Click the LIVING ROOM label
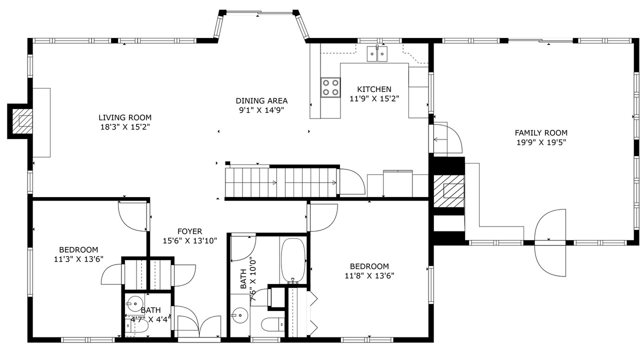[125, 117]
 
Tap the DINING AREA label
[261, 100]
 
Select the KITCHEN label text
[374, 89]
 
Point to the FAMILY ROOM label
[541, 132]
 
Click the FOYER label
[189, 231]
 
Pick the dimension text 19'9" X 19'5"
[541, 142]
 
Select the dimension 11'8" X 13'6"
[369, 275]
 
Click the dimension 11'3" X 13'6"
[78, 259]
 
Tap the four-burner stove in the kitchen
[330, 87]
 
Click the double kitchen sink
[377, 53]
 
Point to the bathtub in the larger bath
[293, 260]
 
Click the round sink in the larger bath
[240, 315]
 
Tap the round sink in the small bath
[134, 303]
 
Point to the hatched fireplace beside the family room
[449, 191]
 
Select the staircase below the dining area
[281, 182]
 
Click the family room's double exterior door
[550, 243]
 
